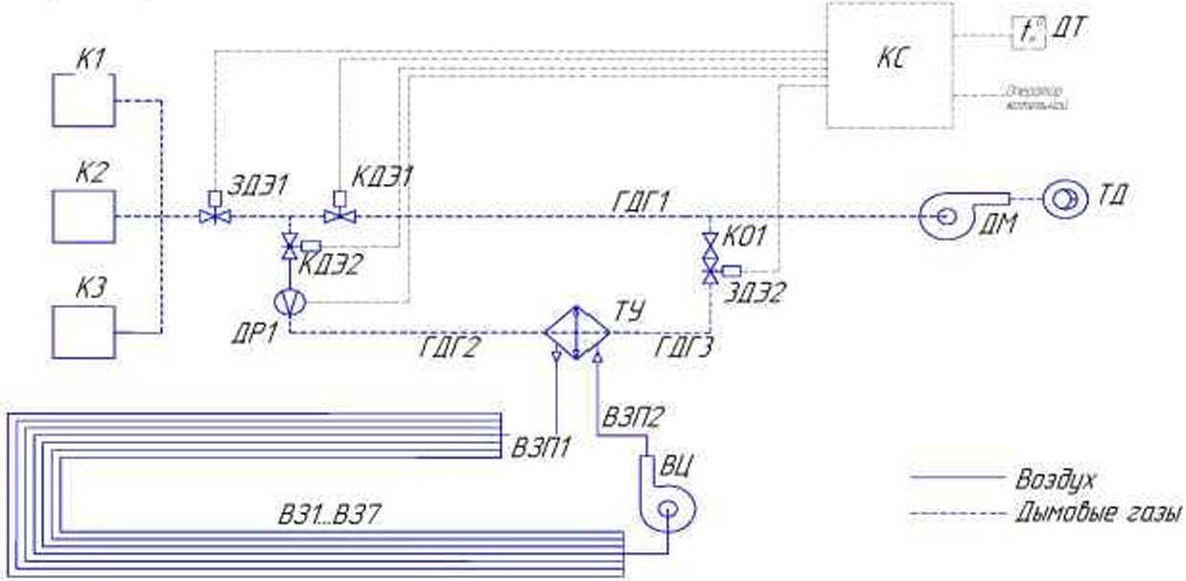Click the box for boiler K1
[83, 101]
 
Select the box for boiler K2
[83, 216]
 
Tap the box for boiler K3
[83, 332]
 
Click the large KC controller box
[890, 64]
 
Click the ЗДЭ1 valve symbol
[215, 216]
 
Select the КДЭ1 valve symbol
[338, 216]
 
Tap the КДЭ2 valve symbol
[289, 249]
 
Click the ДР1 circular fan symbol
[289, 300]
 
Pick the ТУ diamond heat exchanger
[576, 333]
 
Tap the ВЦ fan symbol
[668, 506]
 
